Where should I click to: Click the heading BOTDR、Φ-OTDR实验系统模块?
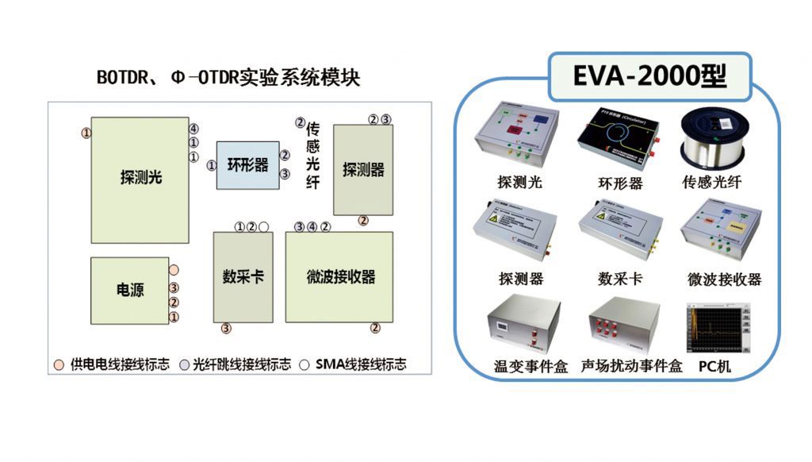228,79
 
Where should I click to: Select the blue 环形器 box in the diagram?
248,165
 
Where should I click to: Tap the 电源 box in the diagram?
130,291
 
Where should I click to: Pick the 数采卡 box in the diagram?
243,276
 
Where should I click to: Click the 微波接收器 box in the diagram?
339,276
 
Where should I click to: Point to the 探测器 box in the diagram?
363,169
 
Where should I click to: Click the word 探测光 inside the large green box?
140,177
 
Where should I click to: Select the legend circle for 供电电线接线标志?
59,365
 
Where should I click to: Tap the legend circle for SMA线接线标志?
304,365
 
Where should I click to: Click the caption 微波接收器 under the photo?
724,279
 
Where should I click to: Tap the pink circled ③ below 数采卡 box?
226,328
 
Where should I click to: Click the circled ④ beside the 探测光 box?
193,129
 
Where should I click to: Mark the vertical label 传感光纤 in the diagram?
313,155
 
